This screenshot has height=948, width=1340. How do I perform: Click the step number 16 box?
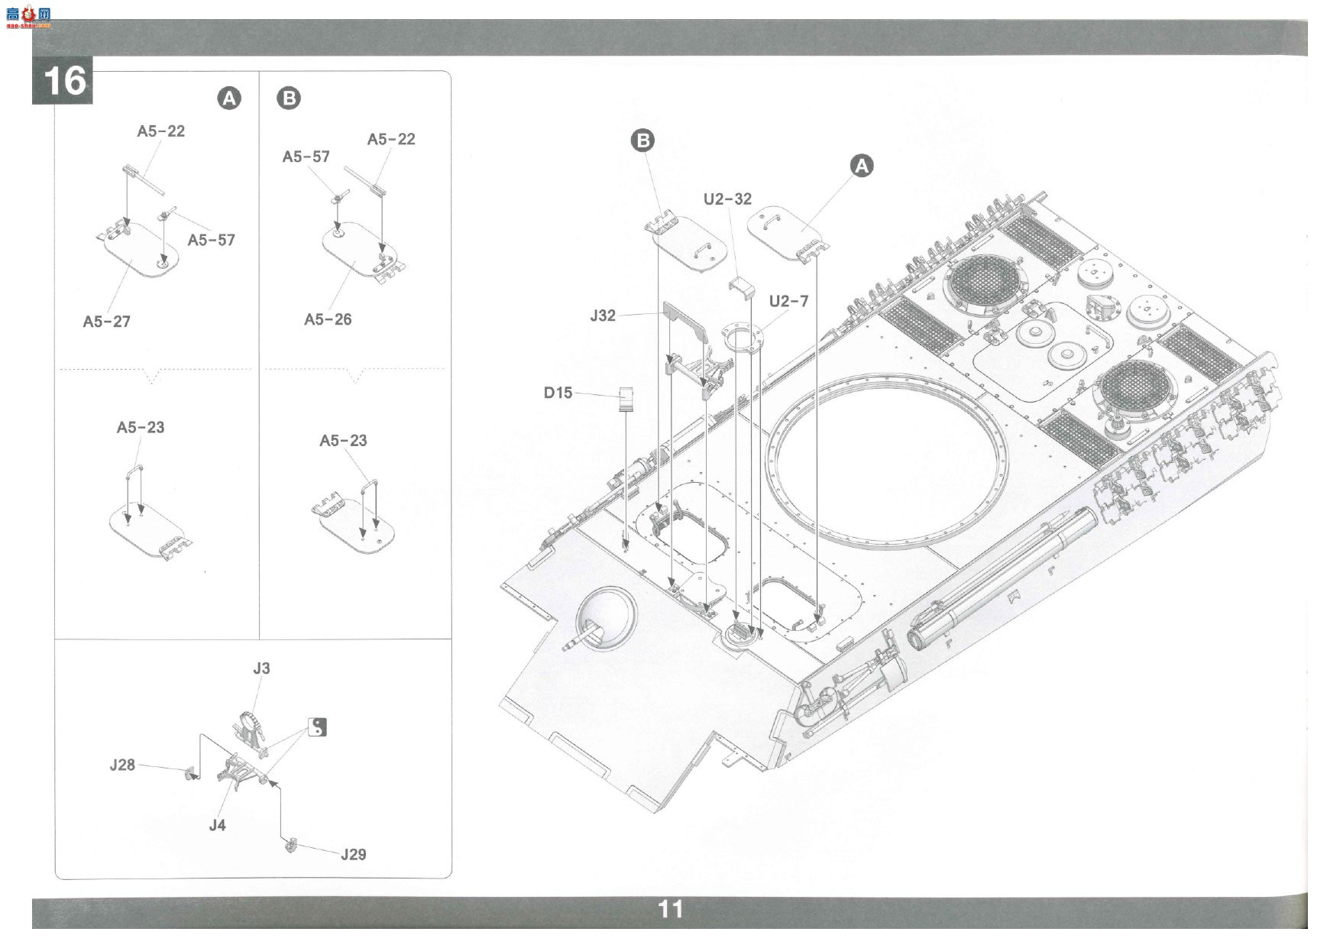tap(62, 80)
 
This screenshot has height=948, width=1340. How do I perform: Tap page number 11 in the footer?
tap(670, 909)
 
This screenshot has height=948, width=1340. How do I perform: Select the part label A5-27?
tap(107, 322)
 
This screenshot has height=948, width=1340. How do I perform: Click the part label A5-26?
tap(328, 319)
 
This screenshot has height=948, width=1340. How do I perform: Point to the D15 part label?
tap(558, 393)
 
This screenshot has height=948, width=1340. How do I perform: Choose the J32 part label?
tap(603, 315)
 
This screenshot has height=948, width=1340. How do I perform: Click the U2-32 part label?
tap(727, 199)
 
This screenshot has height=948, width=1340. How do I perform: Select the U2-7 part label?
tap(788, 301)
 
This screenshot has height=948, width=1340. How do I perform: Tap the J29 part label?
tap(353, 854)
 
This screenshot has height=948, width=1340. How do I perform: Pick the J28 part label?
tap(122, 765)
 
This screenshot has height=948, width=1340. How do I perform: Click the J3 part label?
tap(261, 668)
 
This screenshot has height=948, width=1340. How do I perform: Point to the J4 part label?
tap(218, 825)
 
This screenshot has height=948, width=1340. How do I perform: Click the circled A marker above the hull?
tap(862, 166)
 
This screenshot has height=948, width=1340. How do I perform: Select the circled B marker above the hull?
tap(643, 141)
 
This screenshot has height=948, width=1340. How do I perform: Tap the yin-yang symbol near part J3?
tap(318, 727)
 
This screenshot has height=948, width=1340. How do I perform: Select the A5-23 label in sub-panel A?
tap(141, 428)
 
